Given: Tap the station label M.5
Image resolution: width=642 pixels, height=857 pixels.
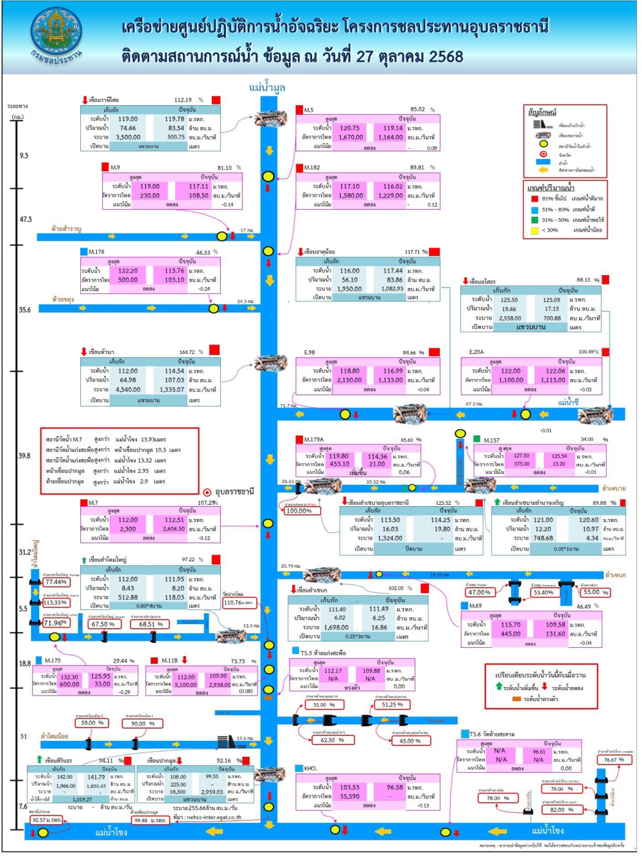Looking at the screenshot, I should tap(309, 110).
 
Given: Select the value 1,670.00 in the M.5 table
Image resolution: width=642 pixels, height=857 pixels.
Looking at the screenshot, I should tap(351, 137).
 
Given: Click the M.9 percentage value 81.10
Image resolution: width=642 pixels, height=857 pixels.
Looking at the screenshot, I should tap(225, 168).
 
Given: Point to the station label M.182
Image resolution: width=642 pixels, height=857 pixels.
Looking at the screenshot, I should tap(312, 168).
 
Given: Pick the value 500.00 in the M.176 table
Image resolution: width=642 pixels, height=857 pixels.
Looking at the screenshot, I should tap(128, 280).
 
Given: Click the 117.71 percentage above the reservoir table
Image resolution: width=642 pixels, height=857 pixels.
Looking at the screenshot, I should tap(413, 252).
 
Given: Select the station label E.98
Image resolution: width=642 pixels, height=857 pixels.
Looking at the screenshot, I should tap(309, 353).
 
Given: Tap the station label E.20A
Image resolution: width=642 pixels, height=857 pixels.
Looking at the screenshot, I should tap(476, 352).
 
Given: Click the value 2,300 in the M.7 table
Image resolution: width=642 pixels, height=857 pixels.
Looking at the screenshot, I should tap(128, 530).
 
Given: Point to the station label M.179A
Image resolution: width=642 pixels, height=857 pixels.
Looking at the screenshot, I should tap(314, 440).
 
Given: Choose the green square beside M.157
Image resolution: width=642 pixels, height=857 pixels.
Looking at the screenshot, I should tap(477, 439).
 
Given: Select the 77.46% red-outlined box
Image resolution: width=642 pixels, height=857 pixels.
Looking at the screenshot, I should tap(56, 582).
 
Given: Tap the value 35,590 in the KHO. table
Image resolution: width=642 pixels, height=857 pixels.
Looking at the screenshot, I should tap(350, 797).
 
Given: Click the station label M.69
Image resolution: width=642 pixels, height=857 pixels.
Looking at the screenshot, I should tap(475, 606).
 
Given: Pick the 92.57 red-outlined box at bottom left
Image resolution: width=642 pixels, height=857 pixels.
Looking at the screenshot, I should tap(46, 820).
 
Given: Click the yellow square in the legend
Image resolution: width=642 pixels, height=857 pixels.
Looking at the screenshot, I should tap(535, 230).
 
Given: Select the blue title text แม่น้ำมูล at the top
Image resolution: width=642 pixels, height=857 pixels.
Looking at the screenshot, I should tap(267, 88).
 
